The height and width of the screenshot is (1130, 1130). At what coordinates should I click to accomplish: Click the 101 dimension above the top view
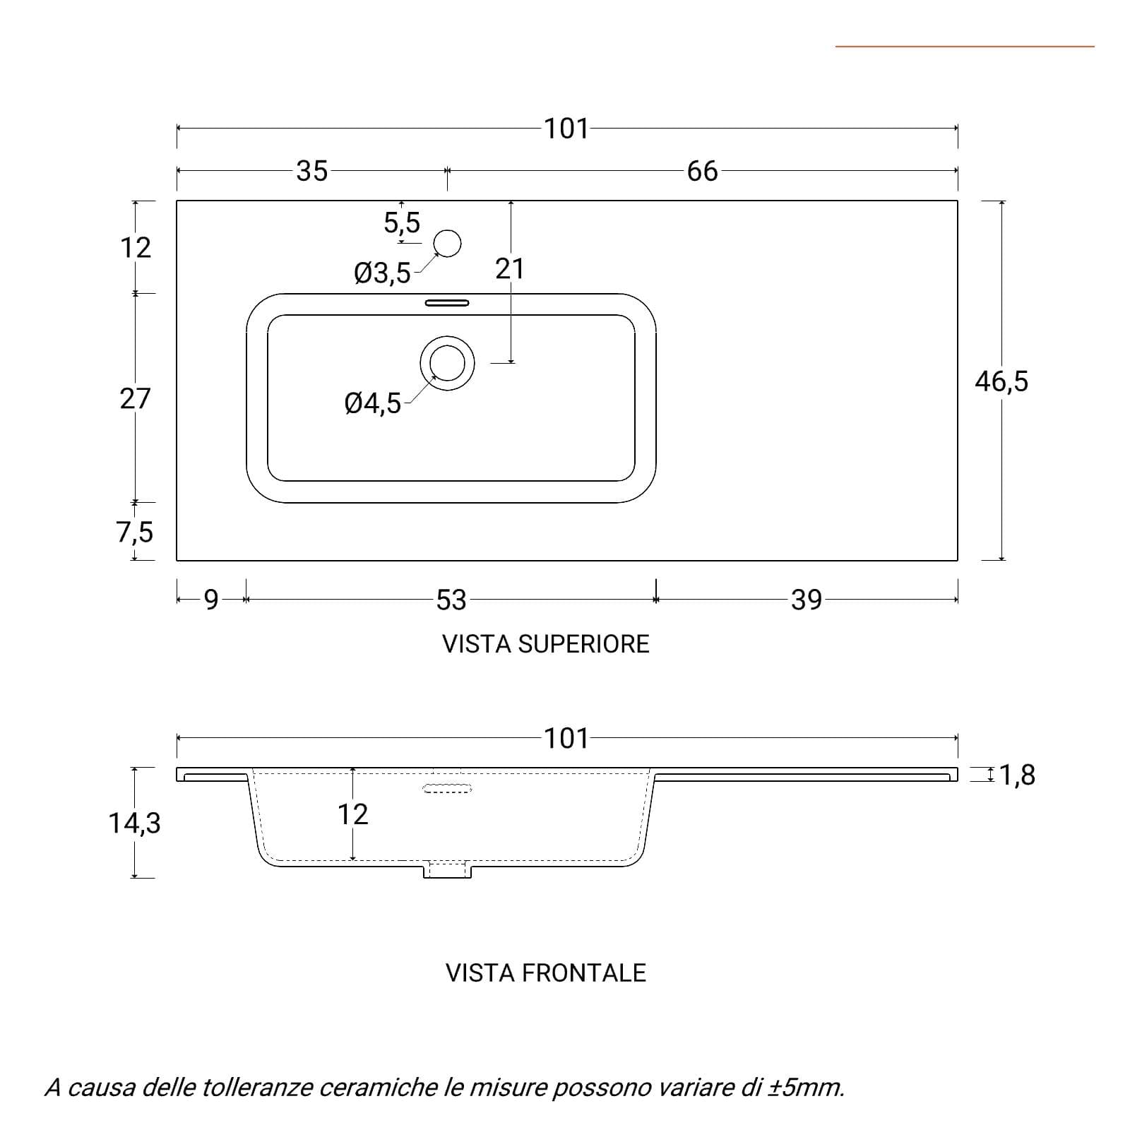(x=566, y=129)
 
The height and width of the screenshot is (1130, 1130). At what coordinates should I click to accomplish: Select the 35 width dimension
(x=311, y=171)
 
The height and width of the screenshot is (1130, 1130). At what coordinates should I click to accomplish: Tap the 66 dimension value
(x=702, y=171)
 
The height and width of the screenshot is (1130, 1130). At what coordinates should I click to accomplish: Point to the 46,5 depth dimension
(x=1001, y=381)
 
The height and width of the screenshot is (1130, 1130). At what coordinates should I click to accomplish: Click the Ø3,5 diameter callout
(x=382, y=273)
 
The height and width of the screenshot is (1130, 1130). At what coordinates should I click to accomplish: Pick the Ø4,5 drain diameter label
(x=373, y=404)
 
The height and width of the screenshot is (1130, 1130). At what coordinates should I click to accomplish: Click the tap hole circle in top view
(x=447, y=244)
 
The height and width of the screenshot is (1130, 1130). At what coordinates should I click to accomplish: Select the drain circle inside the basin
(x=447, y=363)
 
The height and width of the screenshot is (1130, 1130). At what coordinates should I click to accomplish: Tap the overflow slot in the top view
(x=446, y=303)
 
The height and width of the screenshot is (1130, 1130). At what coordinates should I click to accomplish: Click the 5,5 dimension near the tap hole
(x=401, y=223)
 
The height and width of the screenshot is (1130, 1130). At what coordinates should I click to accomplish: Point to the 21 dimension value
(x=509, y=269)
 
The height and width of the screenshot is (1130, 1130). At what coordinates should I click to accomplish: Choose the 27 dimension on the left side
(x=135, y=399)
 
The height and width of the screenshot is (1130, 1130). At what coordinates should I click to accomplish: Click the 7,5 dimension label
(x=134, y=532)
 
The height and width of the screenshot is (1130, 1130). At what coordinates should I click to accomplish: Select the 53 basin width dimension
(x=451, y=600)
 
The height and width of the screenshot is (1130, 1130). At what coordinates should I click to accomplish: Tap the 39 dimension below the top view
(x=807, y=600)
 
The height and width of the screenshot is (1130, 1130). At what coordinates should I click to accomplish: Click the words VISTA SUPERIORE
(x=546, y=644)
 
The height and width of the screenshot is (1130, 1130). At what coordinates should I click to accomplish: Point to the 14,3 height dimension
(x=134, y=823)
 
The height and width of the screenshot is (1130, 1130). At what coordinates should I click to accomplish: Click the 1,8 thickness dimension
(x=1017, y=775)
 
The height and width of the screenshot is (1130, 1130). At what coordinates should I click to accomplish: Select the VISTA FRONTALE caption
(x=546, y=973)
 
